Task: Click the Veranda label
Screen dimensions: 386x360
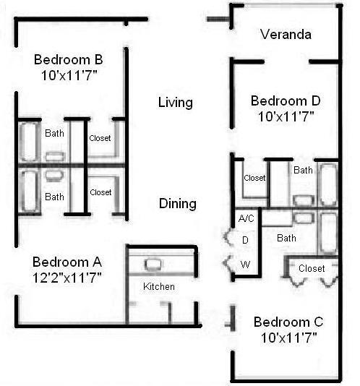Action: pos(286,34)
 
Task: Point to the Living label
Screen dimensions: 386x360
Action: pos(175,103)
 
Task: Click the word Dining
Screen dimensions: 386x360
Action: pos(177,204)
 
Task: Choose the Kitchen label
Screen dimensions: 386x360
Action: pos(158,287)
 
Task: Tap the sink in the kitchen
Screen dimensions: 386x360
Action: pos(153,265)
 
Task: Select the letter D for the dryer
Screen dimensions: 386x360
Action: pos(245,240)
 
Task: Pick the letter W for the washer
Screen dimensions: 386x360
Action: pos(245,265)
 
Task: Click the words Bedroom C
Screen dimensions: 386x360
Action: pos(288,322)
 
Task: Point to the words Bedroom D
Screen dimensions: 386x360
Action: pos(285,101)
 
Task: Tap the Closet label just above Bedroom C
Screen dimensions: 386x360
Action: pos(312,269)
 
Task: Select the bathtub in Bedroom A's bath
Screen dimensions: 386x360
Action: pos(29,191)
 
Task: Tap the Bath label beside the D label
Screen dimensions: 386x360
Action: pos(286,238)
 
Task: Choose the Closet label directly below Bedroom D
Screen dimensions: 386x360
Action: pos(254,178)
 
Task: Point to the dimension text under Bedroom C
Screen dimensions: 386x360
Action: pos(288,336)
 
